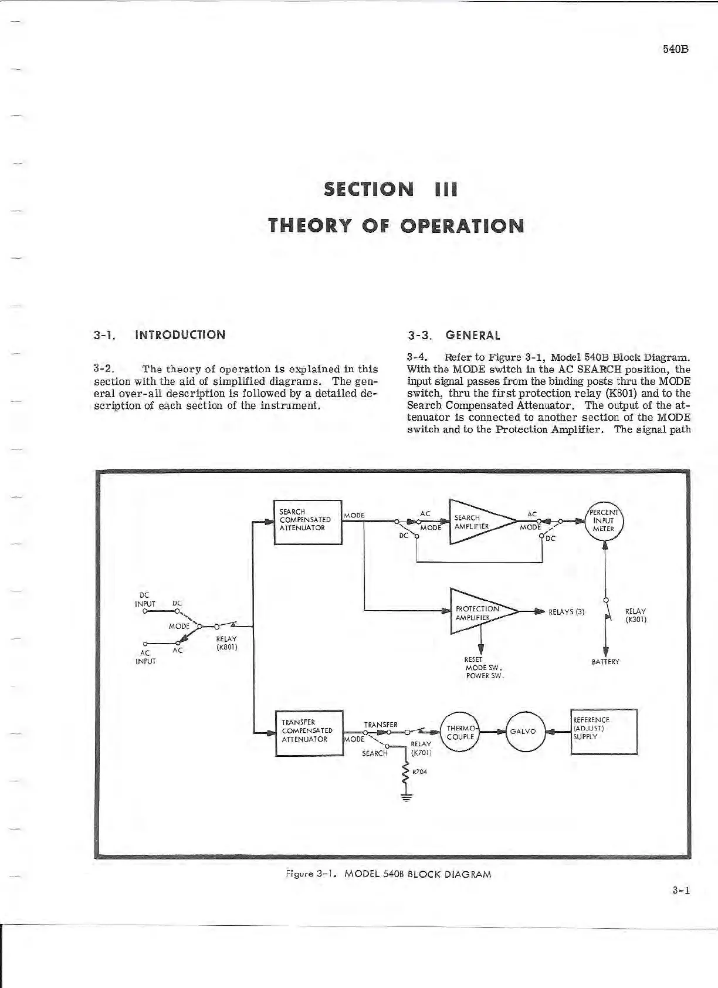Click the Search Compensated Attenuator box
pos(308,522)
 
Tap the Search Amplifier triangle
pos(478,522)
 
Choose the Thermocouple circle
pos(460,732)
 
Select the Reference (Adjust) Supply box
pos(604,731)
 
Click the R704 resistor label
pos(419,772)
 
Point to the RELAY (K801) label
pos(226,643)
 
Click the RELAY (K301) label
pos(636,615)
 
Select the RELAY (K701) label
pos(421,748)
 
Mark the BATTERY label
pos(605,662)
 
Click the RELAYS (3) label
pos(567,613)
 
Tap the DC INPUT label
pos(145,600)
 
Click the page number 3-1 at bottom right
pos(681,891)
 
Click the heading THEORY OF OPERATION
pos(395,226)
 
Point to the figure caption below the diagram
pos(387,874)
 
